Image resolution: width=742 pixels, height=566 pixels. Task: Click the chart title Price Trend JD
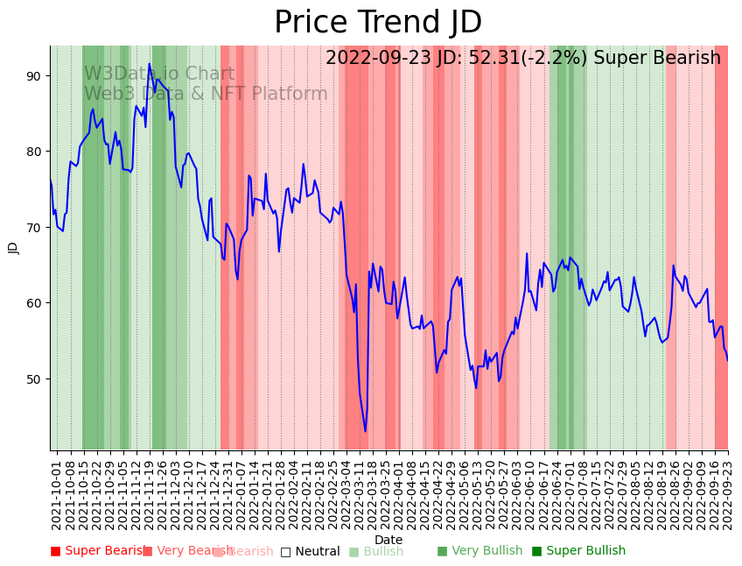[x=378, y=23]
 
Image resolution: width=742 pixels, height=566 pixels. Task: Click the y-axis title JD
[x=13, y=248]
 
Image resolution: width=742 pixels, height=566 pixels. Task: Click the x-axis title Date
[x=388, y=540]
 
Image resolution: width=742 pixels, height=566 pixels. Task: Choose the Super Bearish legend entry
[x=98, y=551]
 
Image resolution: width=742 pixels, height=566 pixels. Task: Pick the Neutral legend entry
[x=310, y=551]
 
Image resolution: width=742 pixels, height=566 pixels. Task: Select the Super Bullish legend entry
[x=578, y=551]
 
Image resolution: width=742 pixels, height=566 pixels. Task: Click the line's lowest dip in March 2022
[x=366, y=430]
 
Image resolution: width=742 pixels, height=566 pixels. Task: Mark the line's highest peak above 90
[x=150, y=64]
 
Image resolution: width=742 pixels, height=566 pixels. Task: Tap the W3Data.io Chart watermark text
[x=159, y=74]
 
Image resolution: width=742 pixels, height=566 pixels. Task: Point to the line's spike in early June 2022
[x=527, y=254]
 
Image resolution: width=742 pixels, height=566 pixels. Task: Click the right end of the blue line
[x=727, y=360]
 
